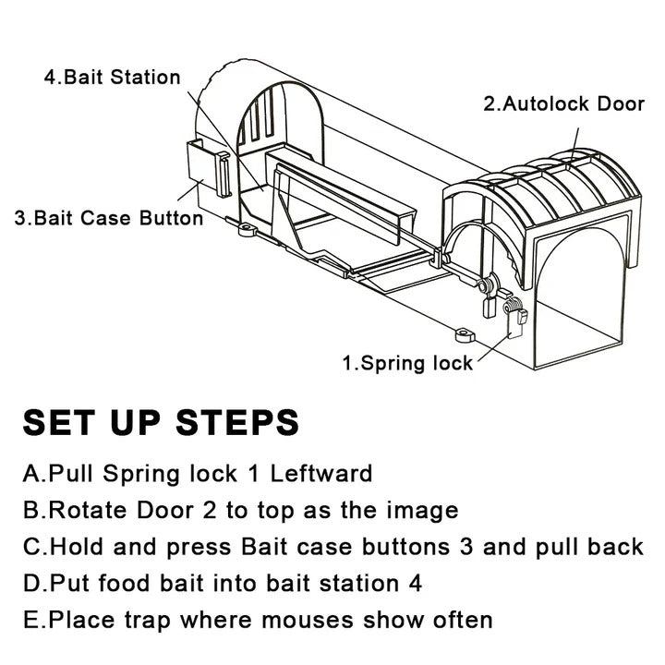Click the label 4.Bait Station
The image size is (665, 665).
(112, 76)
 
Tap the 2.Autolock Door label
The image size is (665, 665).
(563, 103)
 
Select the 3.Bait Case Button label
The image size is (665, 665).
(108, 219)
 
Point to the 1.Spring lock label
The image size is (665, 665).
(407, 363)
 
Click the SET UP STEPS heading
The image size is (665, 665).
(161, 422)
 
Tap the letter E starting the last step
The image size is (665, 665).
(30, 619)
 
